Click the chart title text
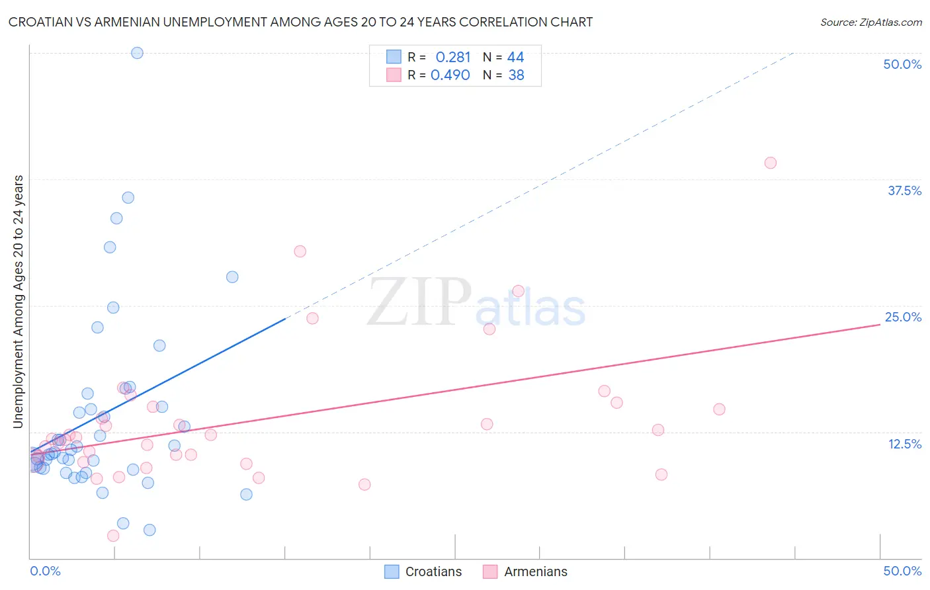pyautogui.click(x=300, y=22)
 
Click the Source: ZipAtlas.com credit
pyautogui.click(x=870, y=22)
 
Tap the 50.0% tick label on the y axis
pyautogui.click(x=902, y=64)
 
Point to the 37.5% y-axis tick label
pyautogui.click(x=904, y=190)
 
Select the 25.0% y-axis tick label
pyautogui.click(x=903, y=317)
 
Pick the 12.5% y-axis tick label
pyautogui.click(x=904, y=444)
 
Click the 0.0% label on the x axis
pyautogui.click(x=45, y=571)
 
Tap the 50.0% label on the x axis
pyautogui.click(x=902, y=571)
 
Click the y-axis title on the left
pyautogui.click(x=18, y=302)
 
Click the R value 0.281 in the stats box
pyautogui.click(x=453, y=58)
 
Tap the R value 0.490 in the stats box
pyautogui.click(x=450, y=75)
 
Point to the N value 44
pyautogui.click(x=516, y=58)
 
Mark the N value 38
pyautogui.click(x=516, y=75)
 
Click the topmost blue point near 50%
pyautogui.click(x=137, y=53)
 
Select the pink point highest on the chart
pyautogui.click(x=770, y=163)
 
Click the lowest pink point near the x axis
pyautogui.click(x=113, y=536)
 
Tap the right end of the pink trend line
pyautogui.click(x=880, y=325)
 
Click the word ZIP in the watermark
pyautogui.click(x=419, y=302)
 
